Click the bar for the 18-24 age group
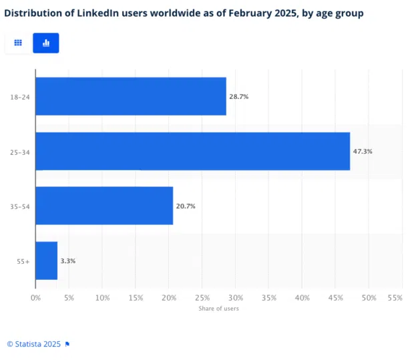130,96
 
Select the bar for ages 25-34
192,151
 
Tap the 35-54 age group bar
103,206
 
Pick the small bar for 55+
46,260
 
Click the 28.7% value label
238,97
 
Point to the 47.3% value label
363,152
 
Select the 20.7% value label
186,206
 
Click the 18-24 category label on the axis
20,98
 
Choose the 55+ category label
23,261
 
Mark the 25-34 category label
20,152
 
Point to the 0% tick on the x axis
36,297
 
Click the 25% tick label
202,297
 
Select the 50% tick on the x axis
369,297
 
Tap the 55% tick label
395,297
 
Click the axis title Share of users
218,309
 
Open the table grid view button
18,43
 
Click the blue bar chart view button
46,43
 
